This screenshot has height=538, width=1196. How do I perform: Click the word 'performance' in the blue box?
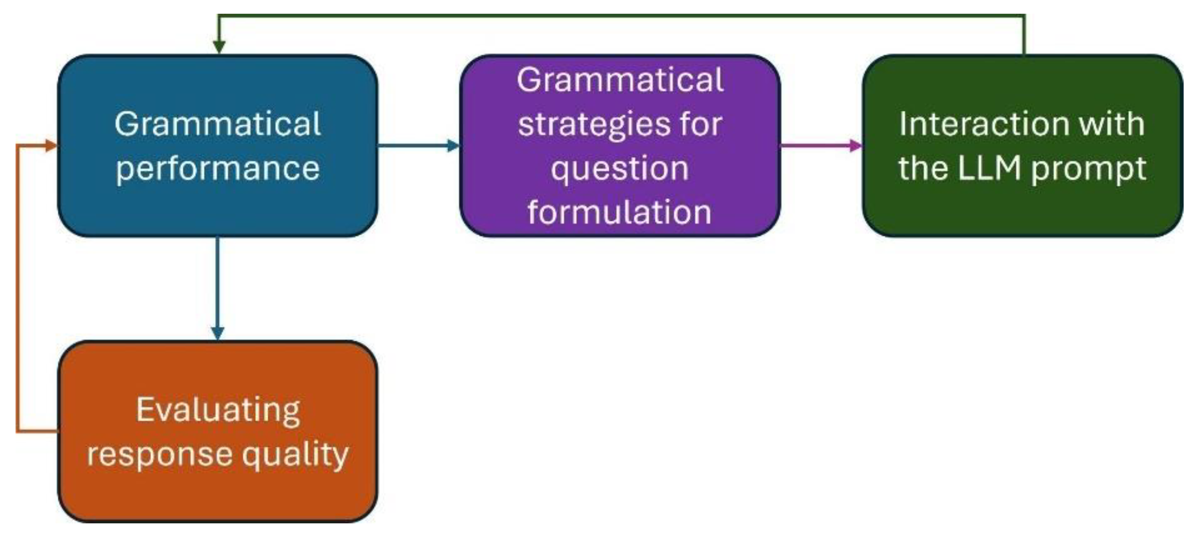point(217,168)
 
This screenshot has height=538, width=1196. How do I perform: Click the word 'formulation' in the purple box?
point(620,212)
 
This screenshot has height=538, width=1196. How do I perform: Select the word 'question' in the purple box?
point(620,168)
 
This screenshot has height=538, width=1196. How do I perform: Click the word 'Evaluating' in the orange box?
point(218,410)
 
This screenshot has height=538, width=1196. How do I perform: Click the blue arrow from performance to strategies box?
point(418,146)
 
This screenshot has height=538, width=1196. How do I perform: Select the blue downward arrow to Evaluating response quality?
point(217,288)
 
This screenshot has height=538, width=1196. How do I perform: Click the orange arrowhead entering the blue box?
point(51,146)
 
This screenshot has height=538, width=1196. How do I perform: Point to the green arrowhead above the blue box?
point(219,46)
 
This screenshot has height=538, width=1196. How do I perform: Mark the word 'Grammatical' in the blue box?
point(217,124)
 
